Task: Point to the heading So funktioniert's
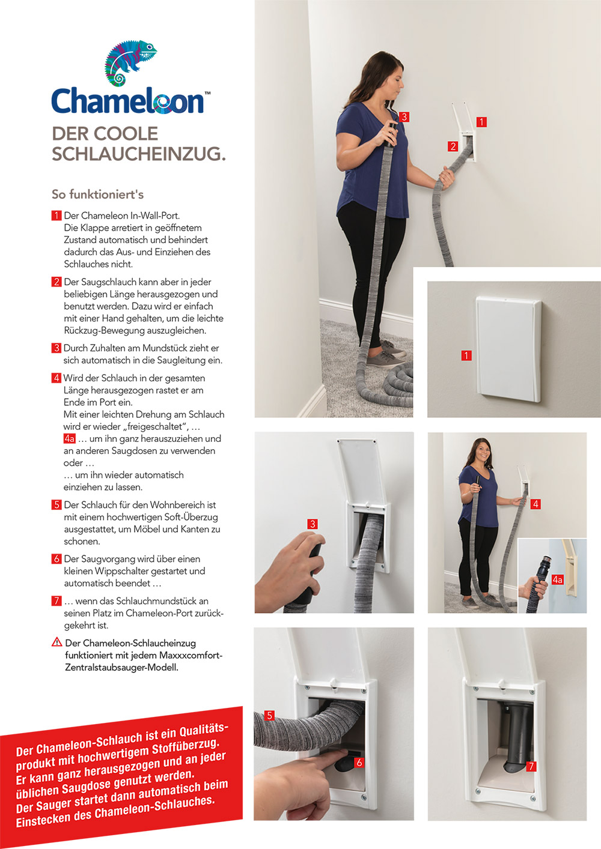tap(97, 195)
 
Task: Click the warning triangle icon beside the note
tap(57, 642)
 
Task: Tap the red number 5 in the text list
tap(56, 505)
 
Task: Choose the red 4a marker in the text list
tap(69, 439)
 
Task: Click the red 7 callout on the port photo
tap(531, 767)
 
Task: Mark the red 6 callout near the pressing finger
tap(359, 763)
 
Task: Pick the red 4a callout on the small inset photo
tap(558, 580)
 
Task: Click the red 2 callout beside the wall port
tap(453, 147)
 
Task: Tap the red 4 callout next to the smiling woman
tap(535, 504)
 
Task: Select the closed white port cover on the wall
tap(508, 348)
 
